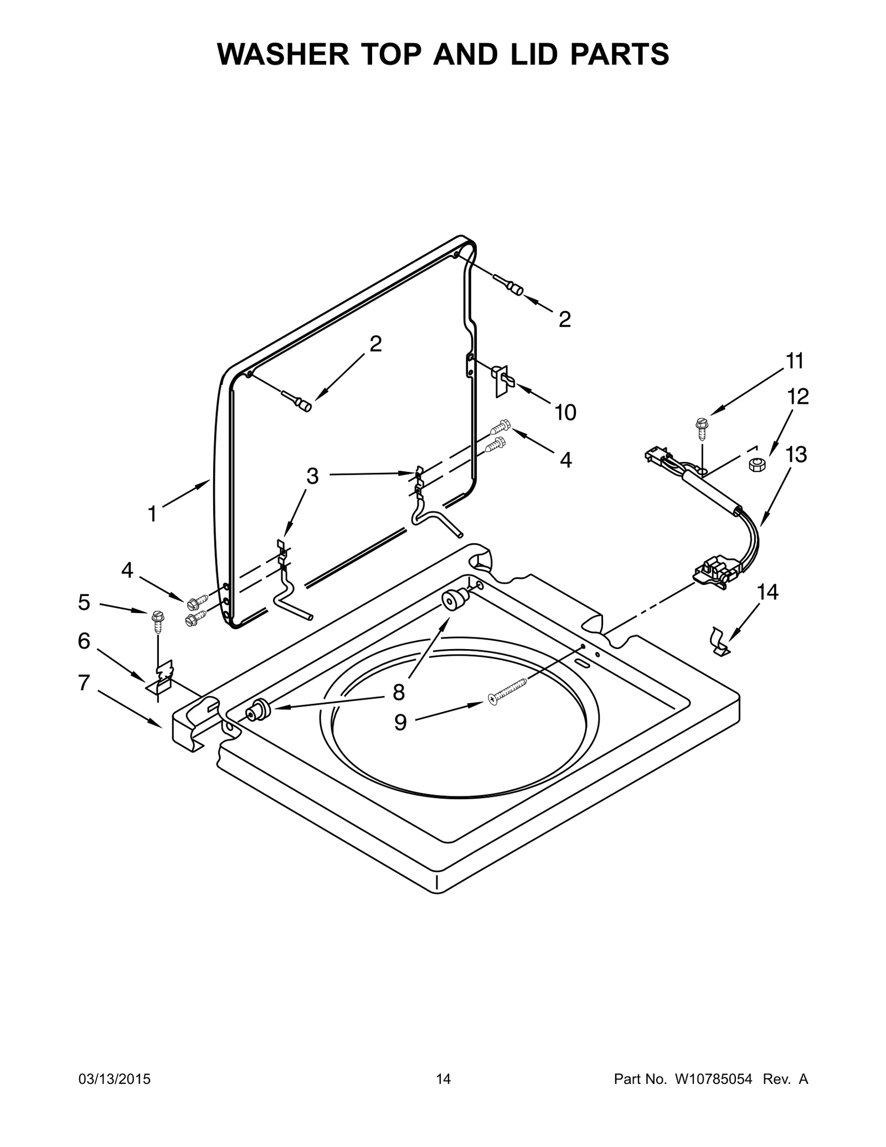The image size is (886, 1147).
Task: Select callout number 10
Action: pyautogui.click(x=565, y=412)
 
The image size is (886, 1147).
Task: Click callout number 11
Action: pyautogui.click(x=795, y=361)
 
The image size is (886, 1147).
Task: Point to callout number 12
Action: pyautogui.click(x=798, y=397)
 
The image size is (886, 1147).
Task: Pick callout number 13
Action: pyautogui.click(x=796, y=455)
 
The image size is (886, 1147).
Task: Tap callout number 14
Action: pyautogui.click(x=767, y=592)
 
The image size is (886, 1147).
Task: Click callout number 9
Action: pyautogui.click(x=400, y=722)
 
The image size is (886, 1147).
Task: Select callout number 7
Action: pyautogui.click(x=84, y=683)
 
